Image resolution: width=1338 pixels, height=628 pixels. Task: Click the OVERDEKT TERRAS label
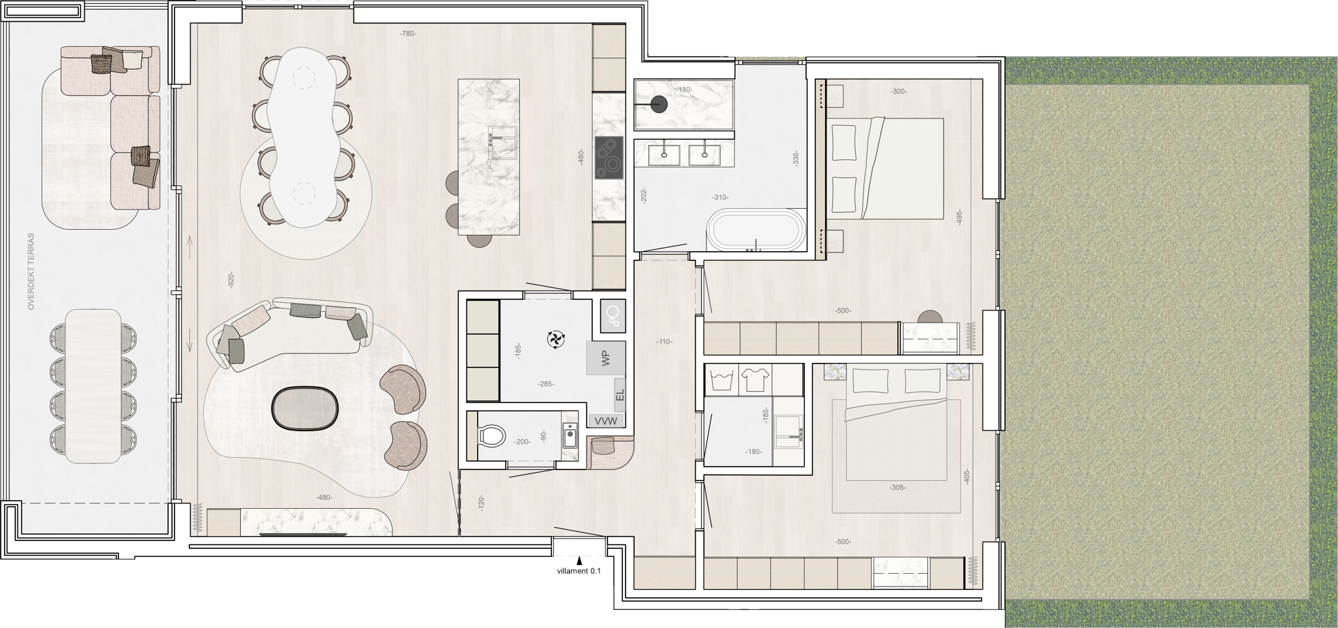[x=31, y=281]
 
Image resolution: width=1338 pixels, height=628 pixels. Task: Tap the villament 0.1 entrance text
[x=579, y=571]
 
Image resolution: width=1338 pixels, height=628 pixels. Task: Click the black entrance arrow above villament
[x=579, y=560]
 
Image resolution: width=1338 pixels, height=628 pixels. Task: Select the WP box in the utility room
[x=606, y=358]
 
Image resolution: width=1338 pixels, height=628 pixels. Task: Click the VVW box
[x=607, y=421]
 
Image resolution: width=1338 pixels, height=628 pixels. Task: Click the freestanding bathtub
[x=755, y=232]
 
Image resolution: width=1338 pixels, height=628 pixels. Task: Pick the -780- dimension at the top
[x=407, y=33]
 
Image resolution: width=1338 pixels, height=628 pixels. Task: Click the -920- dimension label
[x=231, y=281]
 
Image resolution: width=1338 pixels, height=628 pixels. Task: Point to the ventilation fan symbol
[x=555, y=340]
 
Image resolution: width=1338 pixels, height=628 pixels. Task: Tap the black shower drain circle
[x=660, y=104]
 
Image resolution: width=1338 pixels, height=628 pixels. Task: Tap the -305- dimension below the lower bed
[x=897, y=487]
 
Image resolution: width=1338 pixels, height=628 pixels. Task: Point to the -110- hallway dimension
[x=664, y=342]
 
